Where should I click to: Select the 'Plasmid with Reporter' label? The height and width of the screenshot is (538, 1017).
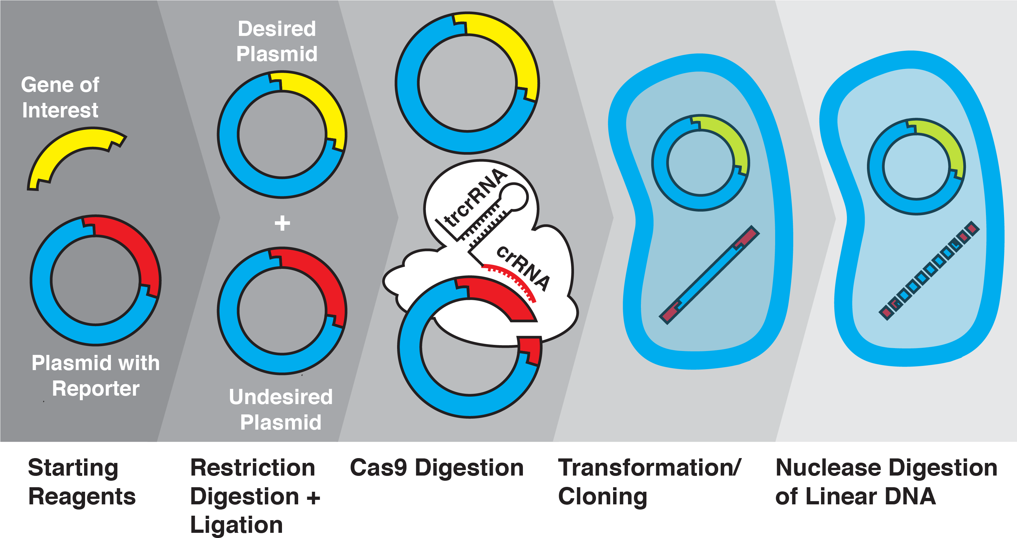[95, 376]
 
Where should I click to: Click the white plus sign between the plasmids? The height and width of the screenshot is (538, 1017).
[282, 223]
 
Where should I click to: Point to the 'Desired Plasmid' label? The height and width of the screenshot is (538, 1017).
[277, 41]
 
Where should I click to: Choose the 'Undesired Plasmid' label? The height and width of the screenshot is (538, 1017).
[281, 410]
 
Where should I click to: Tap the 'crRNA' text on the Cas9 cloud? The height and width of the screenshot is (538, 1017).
[523, 268]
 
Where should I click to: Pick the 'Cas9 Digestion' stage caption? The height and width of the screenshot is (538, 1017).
[437, 468]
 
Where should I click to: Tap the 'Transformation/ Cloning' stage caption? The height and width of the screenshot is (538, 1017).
[649, 482]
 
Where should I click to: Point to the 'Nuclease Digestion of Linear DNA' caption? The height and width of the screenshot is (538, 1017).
[886, 482]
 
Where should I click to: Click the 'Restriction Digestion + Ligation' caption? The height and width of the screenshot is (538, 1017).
[254, 496]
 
